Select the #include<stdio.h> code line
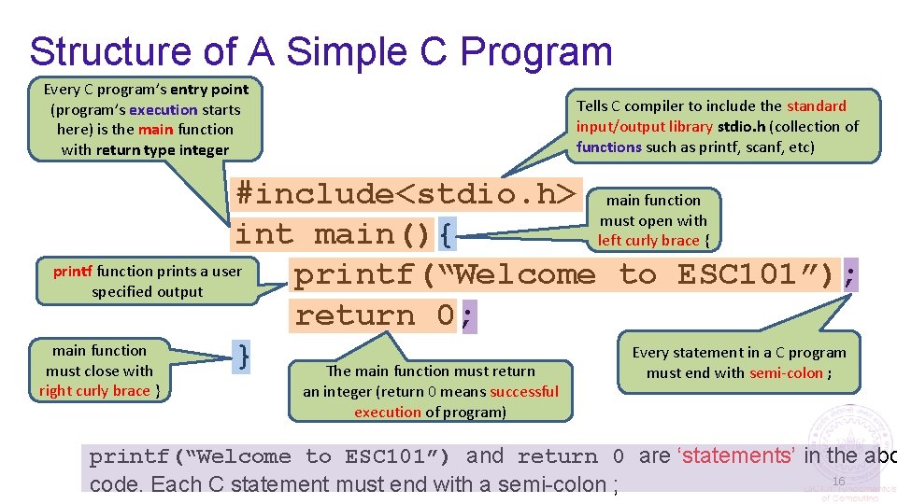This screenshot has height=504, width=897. click(406, 194)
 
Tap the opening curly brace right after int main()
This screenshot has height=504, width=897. click(447, 234)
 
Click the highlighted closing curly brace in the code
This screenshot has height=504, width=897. click(244, 355)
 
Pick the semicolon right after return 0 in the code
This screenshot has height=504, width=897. click(467, 315)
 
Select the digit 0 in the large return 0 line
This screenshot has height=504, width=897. click(446, 315)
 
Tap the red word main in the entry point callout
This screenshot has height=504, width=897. click(155, 130)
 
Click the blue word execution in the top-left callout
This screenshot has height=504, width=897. click(164, 109)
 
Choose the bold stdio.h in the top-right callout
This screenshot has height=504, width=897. click(743, 126)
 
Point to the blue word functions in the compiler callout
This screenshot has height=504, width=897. click(608, 147)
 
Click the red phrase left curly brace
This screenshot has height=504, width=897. click(648, 241)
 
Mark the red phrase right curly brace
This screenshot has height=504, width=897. click(94, 391)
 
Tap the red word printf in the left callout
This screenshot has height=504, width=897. click(73, 272)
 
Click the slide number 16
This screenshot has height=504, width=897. click(838, 481)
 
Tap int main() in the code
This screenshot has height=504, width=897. click(334, 234)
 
